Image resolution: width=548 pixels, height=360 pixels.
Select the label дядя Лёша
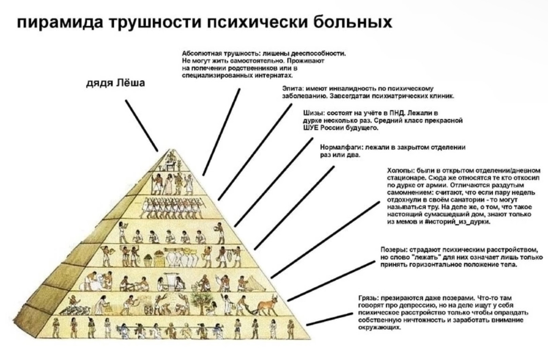point(116,83)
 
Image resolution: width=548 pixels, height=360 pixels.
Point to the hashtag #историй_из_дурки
point(461,221)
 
